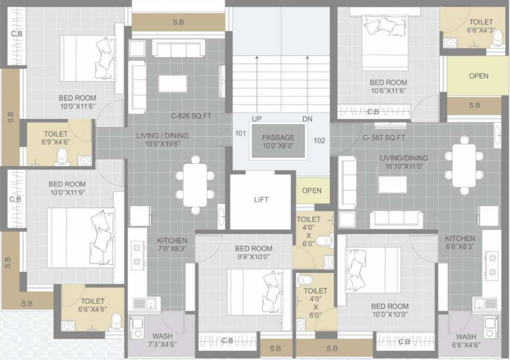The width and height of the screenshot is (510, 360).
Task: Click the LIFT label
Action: coord(261,200)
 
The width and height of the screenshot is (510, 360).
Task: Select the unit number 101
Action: coord(240,133)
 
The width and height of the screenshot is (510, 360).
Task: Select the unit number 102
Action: coord(319,140)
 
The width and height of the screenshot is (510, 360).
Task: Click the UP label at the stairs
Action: coord(257,119)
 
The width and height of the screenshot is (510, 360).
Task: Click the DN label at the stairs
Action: coord(307,119)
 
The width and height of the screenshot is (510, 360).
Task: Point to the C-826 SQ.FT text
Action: coord(191,116)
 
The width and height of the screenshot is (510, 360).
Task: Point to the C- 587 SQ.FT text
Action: coord(384,137)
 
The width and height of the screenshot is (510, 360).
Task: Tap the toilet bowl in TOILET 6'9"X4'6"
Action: coord(62,156)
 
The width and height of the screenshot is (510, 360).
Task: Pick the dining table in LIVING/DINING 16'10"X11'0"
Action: coord(464,165)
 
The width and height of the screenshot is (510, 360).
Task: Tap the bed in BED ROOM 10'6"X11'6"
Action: coord(385,42)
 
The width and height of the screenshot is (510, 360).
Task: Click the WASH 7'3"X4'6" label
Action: coord(162,340)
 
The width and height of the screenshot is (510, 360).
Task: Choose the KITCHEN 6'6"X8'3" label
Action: coord(460,242)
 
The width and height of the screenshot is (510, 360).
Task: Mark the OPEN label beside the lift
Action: coord(311,190)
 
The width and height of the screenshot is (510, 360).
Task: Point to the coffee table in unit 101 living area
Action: coord(172,83)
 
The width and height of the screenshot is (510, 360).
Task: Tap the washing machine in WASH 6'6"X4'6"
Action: coord(491,327)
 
